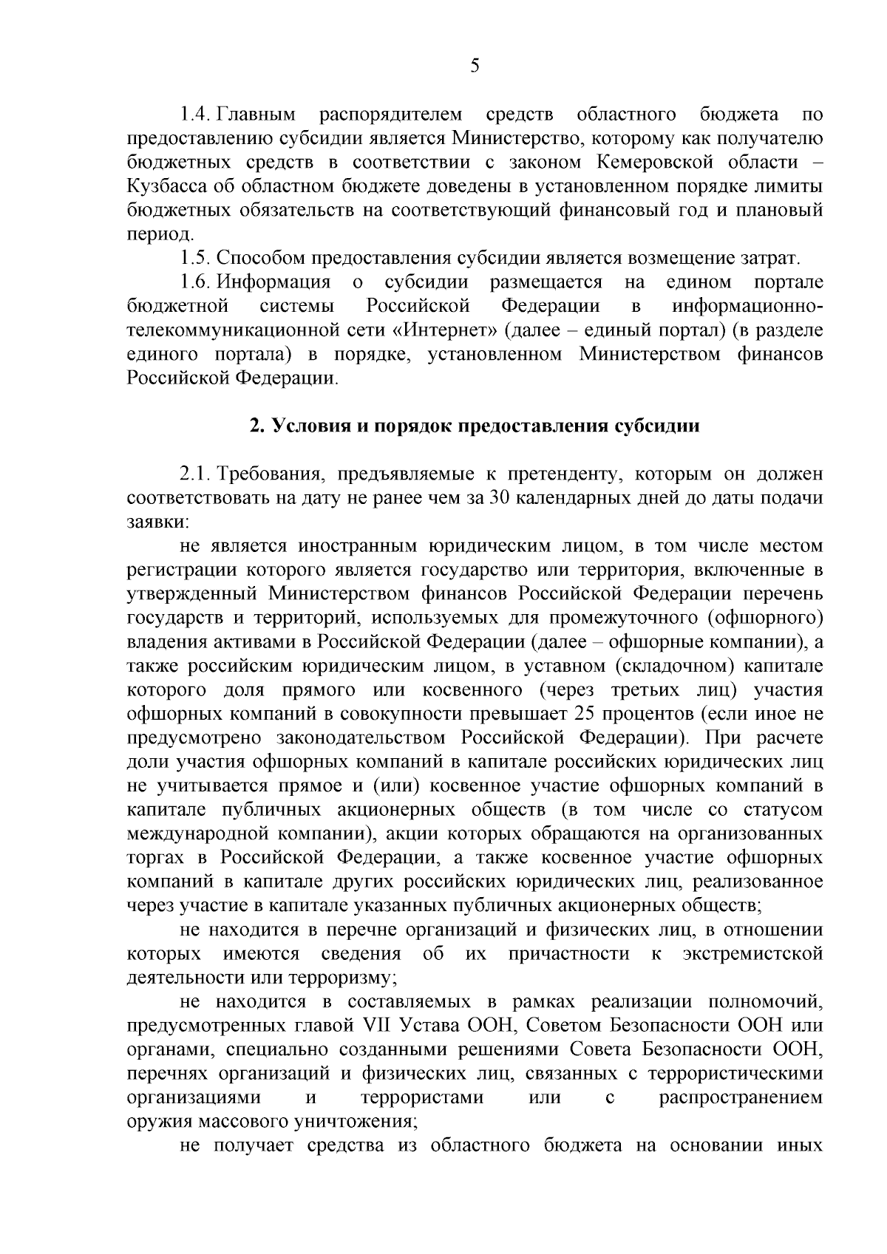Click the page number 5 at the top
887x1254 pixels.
click(475, 67)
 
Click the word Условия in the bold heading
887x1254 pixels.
click(305, 426)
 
